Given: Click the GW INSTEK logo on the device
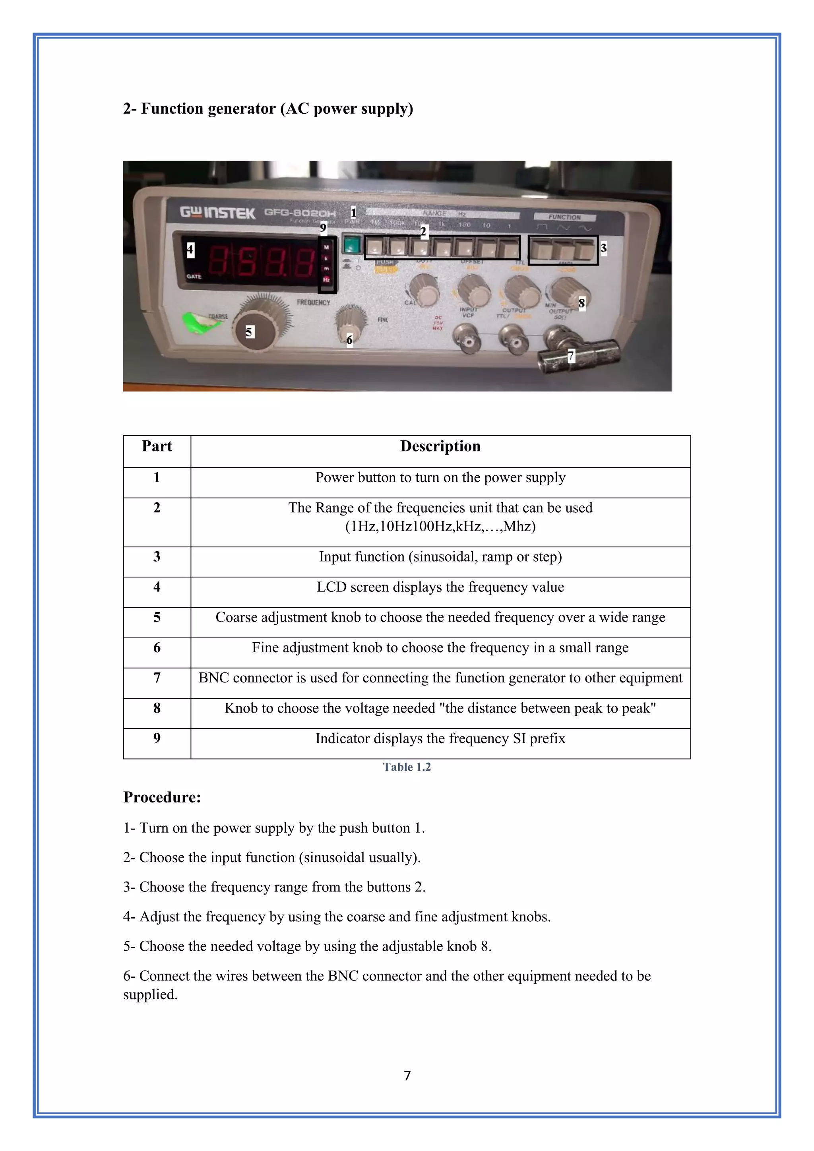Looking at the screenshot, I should [217, 213].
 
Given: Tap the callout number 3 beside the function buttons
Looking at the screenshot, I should [603, 248].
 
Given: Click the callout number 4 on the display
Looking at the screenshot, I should [190, 249].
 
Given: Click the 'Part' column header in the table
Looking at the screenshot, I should [157, 446].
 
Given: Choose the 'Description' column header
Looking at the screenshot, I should [440, 446].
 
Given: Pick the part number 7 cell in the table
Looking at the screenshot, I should [157, 678].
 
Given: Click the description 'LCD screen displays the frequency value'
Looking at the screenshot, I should [440, 587].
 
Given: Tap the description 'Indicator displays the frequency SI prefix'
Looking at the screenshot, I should [440, 738].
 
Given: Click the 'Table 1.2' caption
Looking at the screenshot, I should [407, 767].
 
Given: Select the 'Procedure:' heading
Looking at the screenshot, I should [162, 797].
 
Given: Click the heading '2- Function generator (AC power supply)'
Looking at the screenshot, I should [268, 109].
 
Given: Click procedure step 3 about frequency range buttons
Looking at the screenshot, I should [274, 887].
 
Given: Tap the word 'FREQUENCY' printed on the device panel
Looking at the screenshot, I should [313, 302].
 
